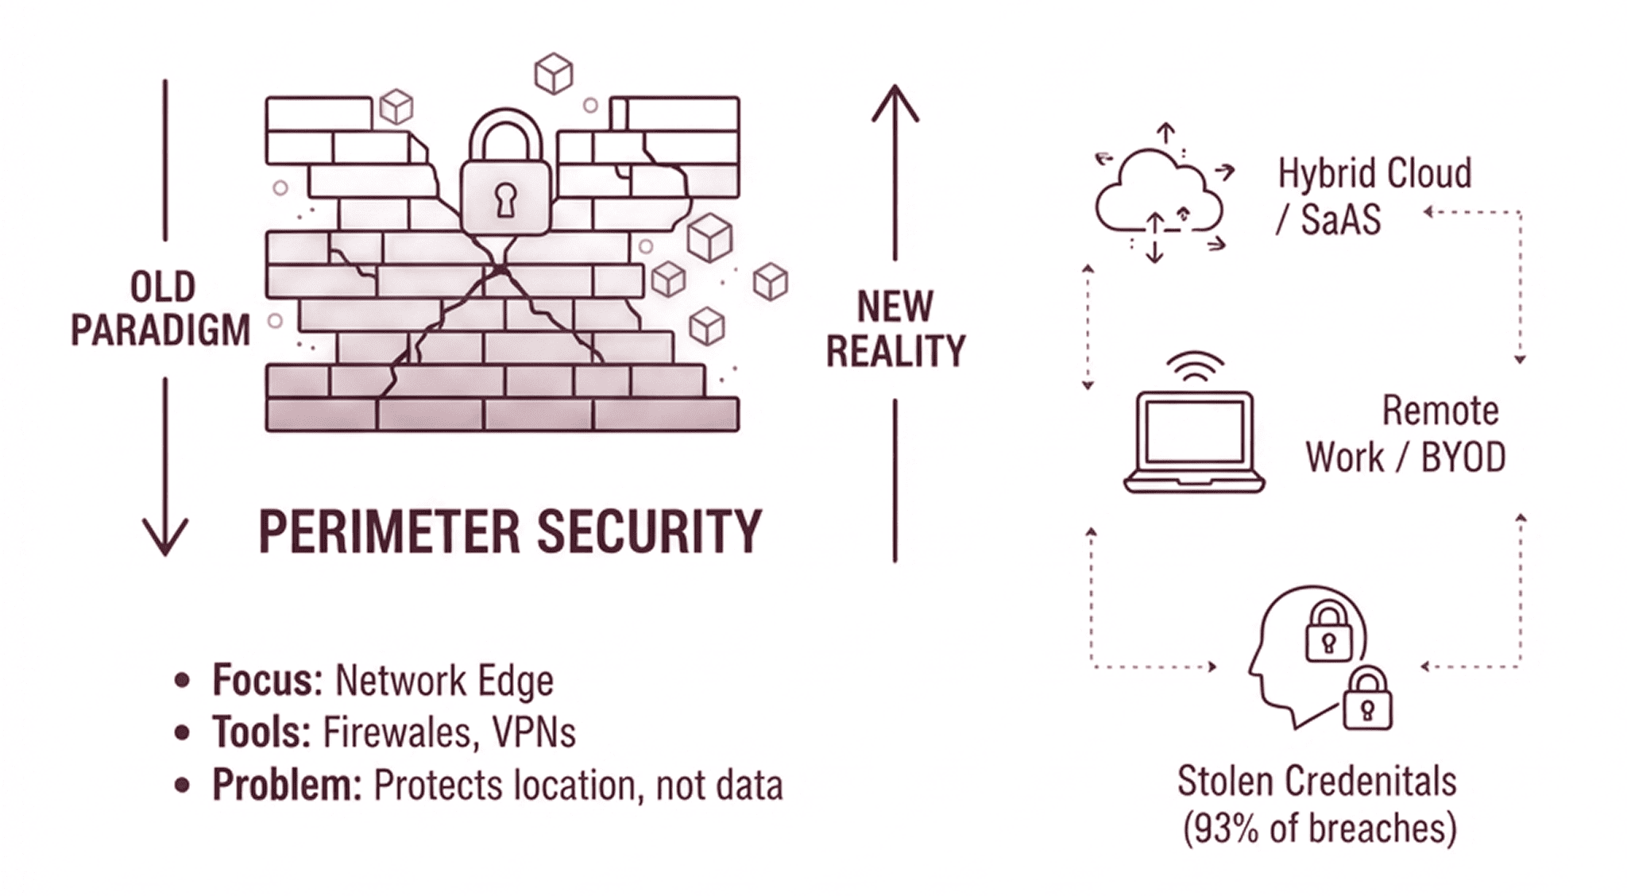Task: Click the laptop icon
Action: [x=1194, y=442]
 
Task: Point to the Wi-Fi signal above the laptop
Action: [x=1194, y=366]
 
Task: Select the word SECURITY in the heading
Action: [x=649, y=531]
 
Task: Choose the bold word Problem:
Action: [x=286, y=785]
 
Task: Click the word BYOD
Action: [x=1463, y=458]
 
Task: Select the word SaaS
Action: [x=1341, y=219]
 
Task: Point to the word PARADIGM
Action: [x=160, y=330]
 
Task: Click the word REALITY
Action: [x=895, y=351]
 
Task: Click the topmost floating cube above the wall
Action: [x=554, y=73]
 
